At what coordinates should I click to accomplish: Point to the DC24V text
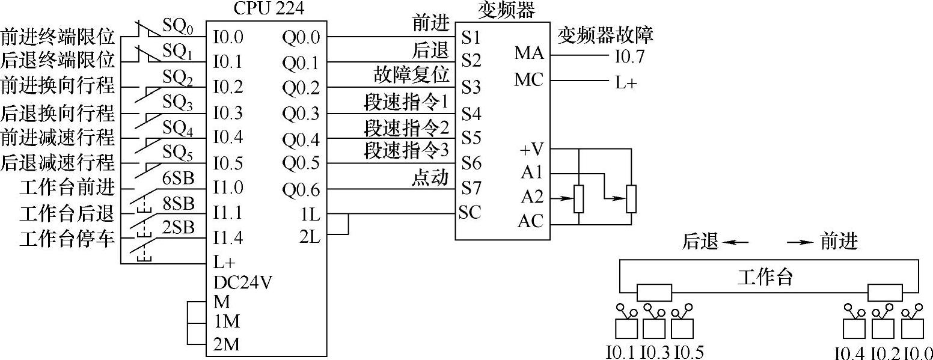[242, 282]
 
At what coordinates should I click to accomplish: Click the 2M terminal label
[226, 345]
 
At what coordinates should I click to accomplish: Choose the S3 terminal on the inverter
[472, 88]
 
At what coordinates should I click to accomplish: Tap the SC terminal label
[471, 213]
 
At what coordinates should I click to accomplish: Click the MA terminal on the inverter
[528, 53]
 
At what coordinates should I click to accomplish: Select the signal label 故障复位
[412, 75]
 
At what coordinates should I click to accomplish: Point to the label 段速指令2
[407, 127]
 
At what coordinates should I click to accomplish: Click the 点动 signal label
[430, 177]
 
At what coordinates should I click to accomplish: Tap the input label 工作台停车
[67, 238]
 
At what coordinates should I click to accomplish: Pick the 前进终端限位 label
[58, 37]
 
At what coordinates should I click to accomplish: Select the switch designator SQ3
[177, 104]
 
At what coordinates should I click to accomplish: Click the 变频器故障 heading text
[605, 35]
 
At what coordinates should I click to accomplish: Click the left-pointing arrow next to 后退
[736, 242]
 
